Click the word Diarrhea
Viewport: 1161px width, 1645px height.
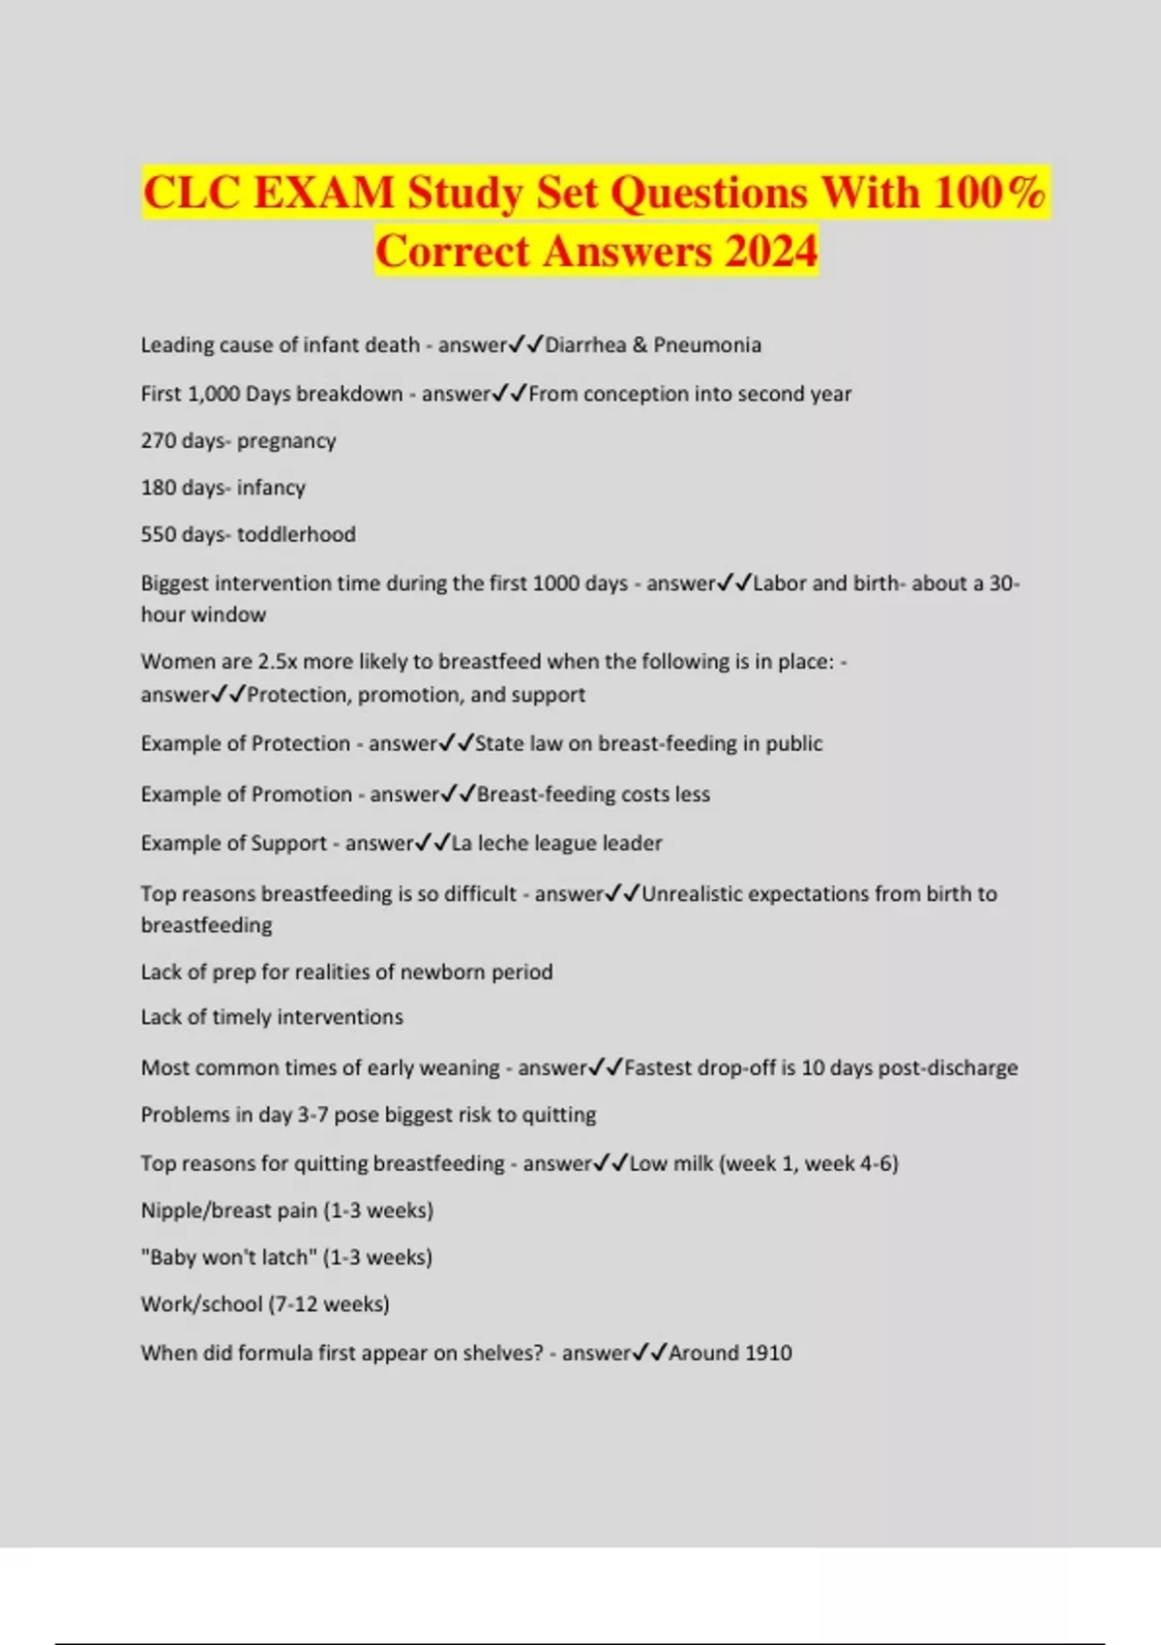coord(585,345)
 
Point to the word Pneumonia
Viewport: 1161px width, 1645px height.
coord(707,345)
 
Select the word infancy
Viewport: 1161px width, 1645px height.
coord(271,488)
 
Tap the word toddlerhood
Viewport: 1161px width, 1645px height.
coord(296,534)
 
